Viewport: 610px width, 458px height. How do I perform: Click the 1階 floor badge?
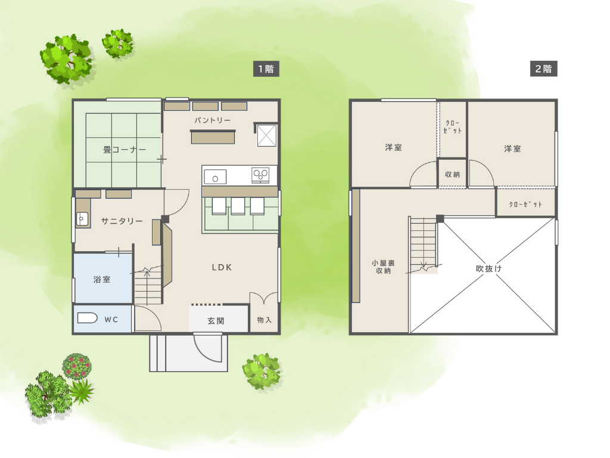click(x=266, y=69)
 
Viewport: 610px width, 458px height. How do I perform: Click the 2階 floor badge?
click(x=543, y=69)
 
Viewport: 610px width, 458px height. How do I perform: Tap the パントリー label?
click(x=213, y=120)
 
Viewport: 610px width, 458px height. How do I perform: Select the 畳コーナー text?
click(x=125, y=150)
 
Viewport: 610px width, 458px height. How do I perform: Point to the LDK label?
click(x=222, y=267)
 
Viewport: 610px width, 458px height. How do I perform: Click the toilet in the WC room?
click(x=87, y=318)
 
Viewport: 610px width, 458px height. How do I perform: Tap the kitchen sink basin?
click(x=215, y=177)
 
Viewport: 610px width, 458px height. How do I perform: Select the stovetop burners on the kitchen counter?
click(x=260, y=175)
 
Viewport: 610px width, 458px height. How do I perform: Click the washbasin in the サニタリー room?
click(x=82, y=219)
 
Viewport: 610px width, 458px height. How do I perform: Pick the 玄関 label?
click(x=216, y=321)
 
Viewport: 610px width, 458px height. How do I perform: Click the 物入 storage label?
click(x=264, y=320)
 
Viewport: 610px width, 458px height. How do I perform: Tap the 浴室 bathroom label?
click(x=102, y=279)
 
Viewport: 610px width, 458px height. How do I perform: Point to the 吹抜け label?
click(x=488, y=268)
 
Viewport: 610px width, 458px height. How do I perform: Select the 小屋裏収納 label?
click(x=383, y=267)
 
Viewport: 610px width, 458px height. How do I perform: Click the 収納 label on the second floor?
click(x=453, y=174)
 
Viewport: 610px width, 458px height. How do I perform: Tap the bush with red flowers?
click(x=77, y=366)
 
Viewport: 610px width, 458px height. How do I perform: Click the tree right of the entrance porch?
click(x=262, y=371)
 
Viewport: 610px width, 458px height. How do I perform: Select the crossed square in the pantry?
click(x=266, y=135)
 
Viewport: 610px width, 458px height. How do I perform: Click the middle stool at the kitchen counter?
click(x=238, y=206)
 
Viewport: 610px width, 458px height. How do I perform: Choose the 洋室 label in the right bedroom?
click(x=512, y=148)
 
